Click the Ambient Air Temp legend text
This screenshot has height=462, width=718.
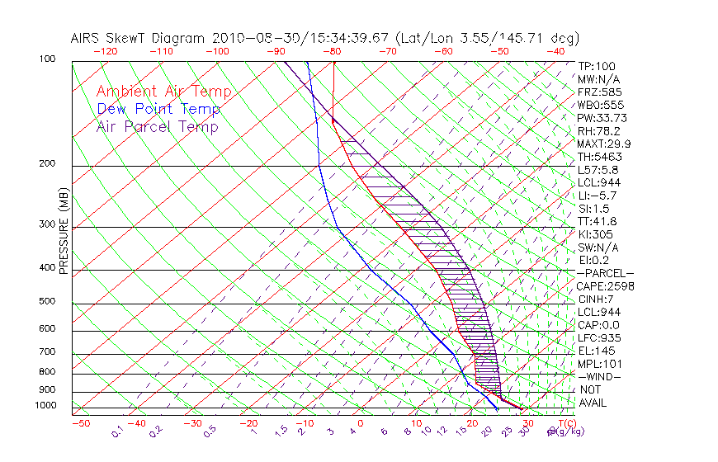click(163, 92)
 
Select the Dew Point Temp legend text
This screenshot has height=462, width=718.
click(158, 109)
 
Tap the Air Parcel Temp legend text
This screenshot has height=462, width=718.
click(157, 126)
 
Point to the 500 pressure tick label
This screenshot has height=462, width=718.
click(47, 302)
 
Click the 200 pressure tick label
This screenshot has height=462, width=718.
click(47, 164)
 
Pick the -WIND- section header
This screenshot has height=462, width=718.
click(600, 376)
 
